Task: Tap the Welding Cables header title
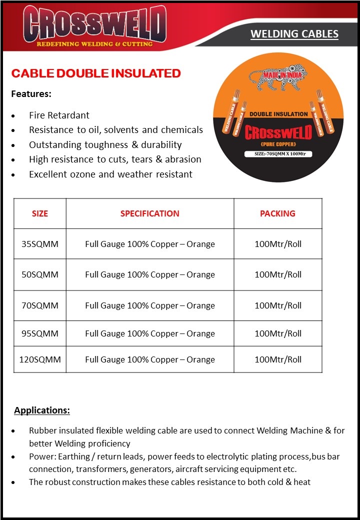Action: click(294, 34)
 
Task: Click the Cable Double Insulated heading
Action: click(96, 73)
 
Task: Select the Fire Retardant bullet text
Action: click(59, 115)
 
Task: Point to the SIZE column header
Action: click(40, 213)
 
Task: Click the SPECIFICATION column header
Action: click(149, 213)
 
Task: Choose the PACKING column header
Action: click(277, 213)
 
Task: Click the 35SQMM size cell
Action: click(40, 244)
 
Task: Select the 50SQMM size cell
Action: click(40, 274)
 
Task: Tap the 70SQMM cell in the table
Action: click(40, 305)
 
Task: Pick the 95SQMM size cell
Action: click(40, 333)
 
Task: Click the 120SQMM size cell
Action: click(40, 359)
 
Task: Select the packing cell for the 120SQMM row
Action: click(278, 359)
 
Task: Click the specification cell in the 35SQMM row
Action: click(149, 244)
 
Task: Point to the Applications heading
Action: click(42, 410)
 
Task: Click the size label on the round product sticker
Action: click(278, 154)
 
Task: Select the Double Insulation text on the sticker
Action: click(278, 114)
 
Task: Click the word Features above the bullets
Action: click(31, 94)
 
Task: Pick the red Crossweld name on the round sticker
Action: click(278, 132)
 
